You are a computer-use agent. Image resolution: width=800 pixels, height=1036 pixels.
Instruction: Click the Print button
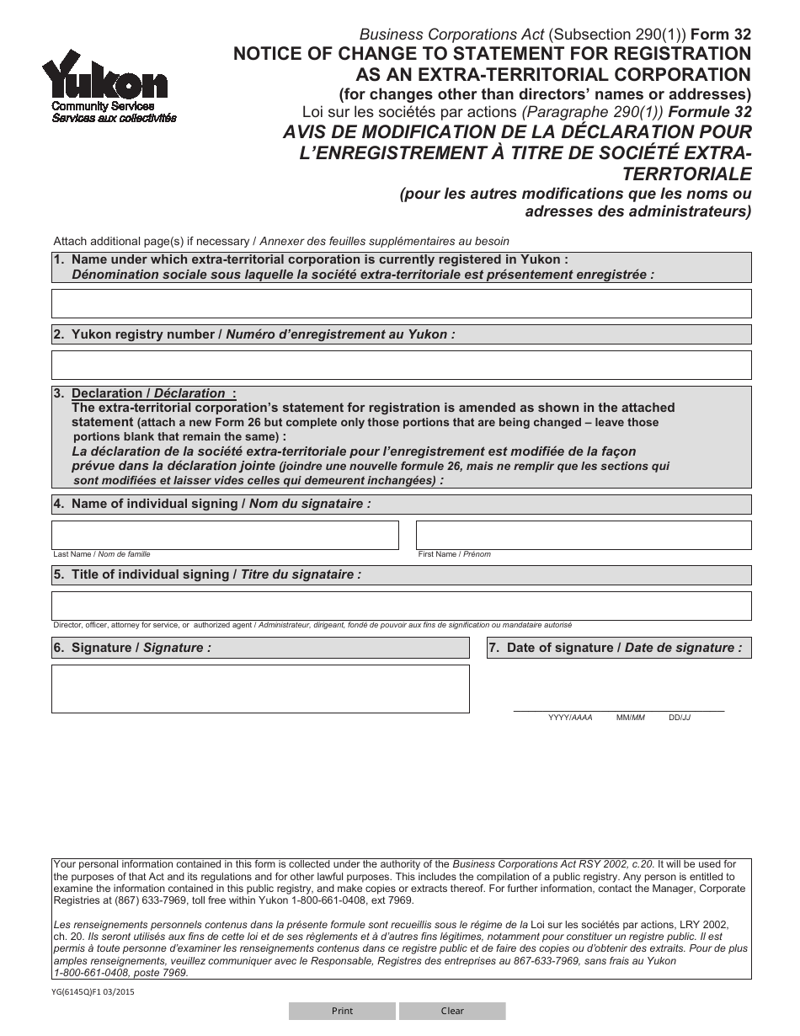pyautogui.click(x=342, y=1011)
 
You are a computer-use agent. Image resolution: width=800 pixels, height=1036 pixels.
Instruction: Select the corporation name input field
pyautogui.click(x=401, y=303)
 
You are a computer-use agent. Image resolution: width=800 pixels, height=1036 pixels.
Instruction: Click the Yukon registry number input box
pyautogui.click(x=401, y=365)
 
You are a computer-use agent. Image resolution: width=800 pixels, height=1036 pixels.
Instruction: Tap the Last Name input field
pyautogui.click(x=225, y=535)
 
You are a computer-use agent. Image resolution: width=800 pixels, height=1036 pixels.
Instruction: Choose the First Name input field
pyautogui.click(x=583, y=535)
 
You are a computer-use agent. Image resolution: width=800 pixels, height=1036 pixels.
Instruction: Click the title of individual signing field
pyautogui.click(x=401, y=606)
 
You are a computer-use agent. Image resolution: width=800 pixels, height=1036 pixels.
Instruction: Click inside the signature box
pyautogui.click(x=260, y=688)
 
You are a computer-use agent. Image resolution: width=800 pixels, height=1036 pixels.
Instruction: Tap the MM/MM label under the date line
pyautogui.click(x=630, y=718)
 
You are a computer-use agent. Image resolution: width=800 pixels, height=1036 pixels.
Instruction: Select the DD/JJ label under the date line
pyautogui.click(x=680, y=718)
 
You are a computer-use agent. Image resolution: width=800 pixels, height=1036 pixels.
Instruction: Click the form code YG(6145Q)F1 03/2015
pyautogui.click(x=93, y=992)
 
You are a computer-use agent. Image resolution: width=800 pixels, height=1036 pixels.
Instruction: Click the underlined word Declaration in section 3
pyautogui.click(x=107, y=393)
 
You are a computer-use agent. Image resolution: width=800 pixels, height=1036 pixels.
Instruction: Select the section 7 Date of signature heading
pyautogui.click(x=619, y=648)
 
